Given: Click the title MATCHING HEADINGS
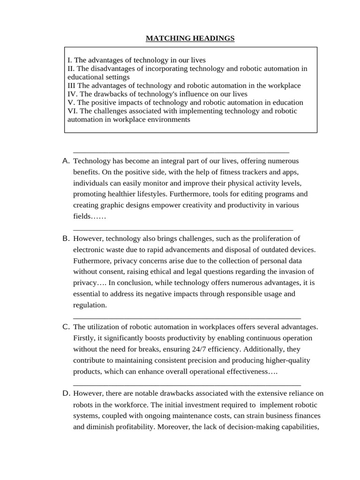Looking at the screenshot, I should click(190, 38).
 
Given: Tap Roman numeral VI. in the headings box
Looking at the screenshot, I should click(73, 111).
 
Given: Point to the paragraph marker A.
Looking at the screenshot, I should click(66, 161).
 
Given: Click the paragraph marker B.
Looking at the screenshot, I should click(66, 238).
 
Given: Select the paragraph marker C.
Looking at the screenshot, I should click(66, 327).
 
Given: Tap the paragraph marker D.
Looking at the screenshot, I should click(66, 393).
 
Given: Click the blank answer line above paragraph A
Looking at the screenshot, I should click(181, 151).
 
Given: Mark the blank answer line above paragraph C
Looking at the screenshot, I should click(187, 317).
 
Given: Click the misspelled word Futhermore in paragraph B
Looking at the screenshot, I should click(92, 261).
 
